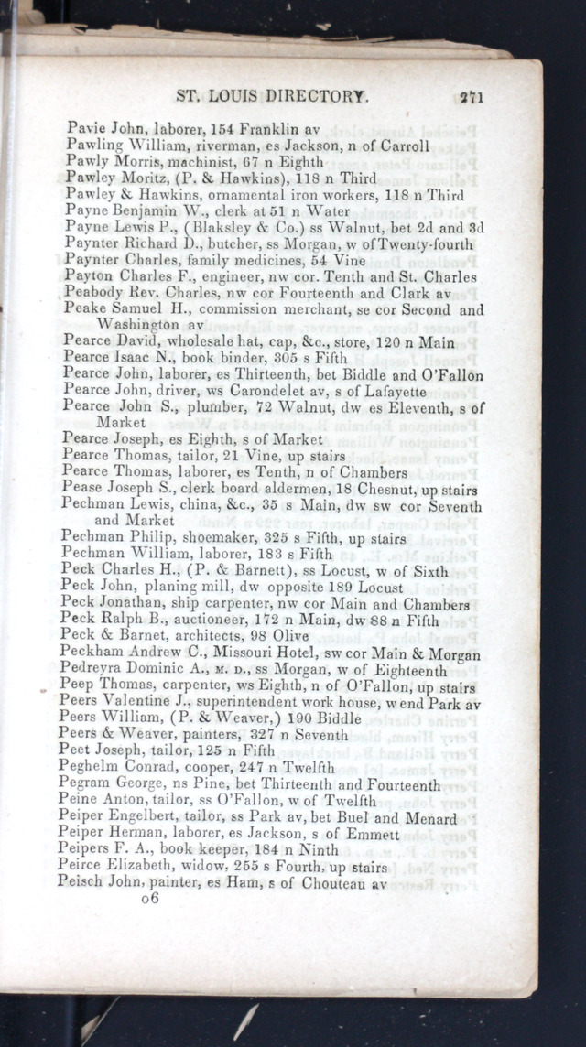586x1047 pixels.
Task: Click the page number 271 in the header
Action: pyautogui.click(x=472, y=96)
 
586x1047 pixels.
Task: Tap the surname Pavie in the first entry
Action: pyautogui.click(x=83, y=129)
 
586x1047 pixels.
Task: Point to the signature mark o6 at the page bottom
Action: pyautogui.click(x=150, y=900)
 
